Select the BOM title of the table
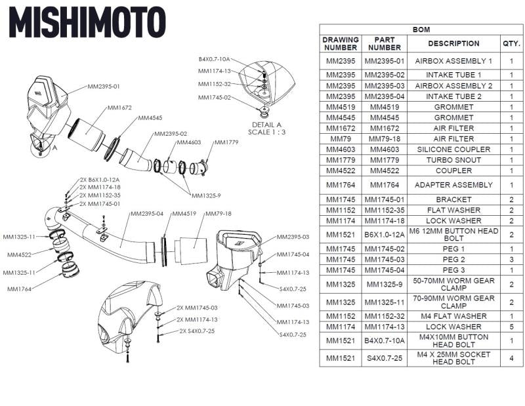coord(421,30)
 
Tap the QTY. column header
coord(511,44)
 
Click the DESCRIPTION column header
coord(453,44)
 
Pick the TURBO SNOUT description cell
coord(453,160)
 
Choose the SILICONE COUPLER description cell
coord(453,150)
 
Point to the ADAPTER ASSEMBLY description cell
coord(453,185)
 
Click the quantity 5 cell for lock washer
coord(511,327)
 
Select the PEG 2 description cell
coord(453,260)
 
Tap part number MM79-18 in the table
coord(385,139)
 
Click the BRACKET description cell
coord(453,199)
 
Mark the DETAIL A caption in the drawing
coord(266,124)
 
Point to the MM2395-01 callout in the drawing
coord(104,86)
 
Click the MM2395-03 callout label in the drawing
coord(293,237)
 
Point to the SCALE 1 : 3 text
coord(266,132)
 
